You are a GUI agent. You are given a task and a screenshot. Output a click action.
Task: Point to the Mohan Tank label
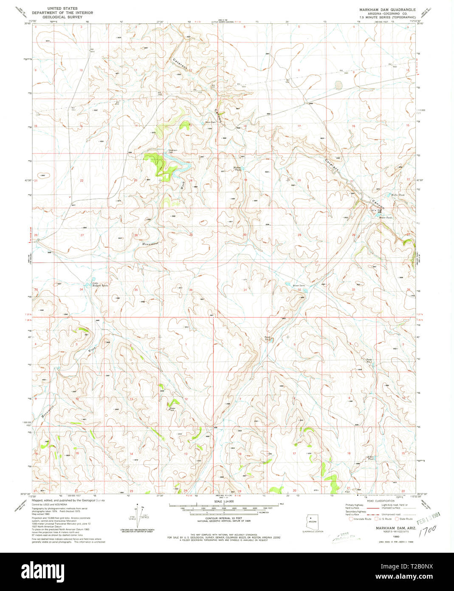(237, 168)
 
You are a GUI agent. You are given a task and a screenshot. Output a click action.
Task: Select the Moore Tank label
(385, 217)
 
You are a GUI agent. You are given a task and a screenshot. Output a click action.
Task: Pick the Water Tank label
(172, 409)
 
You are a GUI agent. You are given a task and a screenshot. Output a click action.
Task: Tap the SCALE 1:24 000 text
(227, 502)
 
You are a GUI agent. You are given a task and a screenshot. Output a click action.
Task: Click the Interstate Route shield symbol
(350, 519)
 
